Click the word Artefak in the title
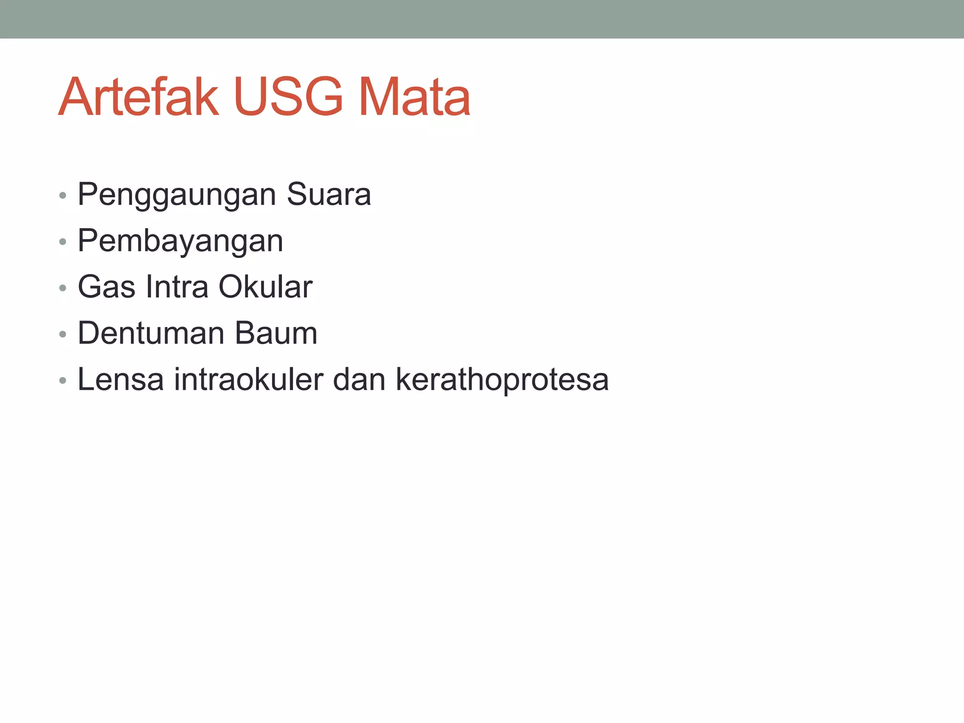click(x=138, y=97)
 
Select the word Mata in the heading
click(x=414, y=97)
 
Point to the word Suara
click(x=329, y=194)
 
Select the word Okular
click(x=265, y=287)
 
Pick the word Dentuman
click(x=151, y=333)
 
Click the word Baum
click(x=276, y=333)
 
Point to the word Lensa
click(x=120, y=379)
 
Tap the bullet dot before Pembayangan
click(x=63, y=242)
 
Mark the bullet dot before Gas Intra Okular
click(x=63, y=288)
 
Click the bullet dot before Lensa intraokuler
click(x=63, y=381)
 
